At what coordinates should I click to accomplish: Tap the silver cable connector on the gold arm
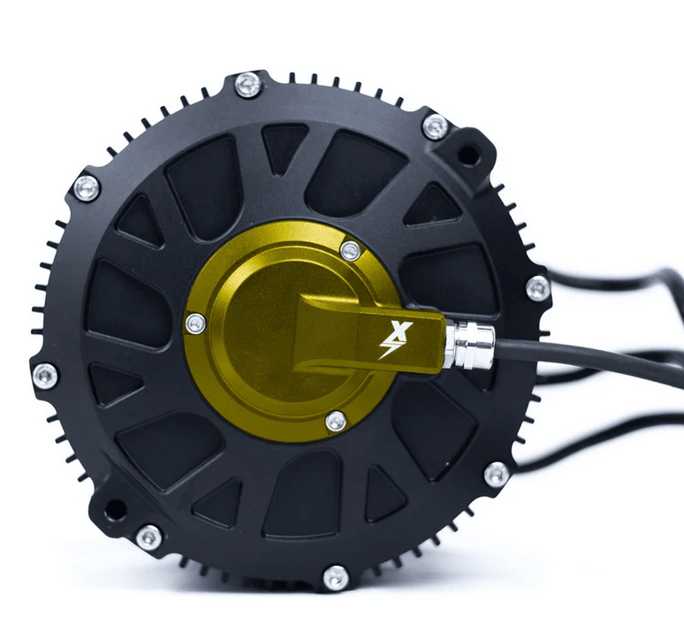(x=461, y=344)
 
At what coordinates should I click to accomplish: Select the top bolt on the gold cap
(x=350, y=250)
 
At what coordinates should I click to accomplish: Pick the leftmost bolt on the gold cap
(x=195, y=324)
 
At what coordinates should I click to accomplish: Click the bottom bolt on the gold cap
(x=336, y=421)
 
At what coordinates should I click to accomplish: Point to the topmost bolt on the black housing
(x=248, y=85)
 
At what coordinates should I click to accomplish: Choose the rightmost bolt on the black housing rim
(x=537, y=287)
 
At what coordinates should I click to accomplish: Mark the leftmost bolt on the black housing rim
(x=45, y=374)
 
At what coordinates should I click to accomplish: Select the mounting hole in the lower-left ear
(x=114, y=510)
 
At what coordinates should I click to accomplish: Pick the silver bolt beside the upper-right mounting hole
(x=434, y=126)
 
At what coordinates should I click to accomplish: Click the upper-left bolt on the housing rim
(x=86, y=187)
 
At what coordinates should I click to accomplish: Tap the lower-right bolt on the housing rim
(x=496, y=475)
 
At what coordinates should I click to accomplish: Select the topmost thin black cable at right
(x=610, y=283)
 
